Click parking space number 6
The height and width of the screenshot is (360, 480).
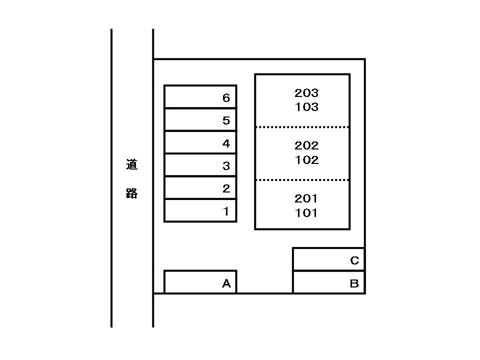(x=200, y=96)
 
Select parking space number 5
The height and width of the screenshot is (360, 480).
(x=200, y=119)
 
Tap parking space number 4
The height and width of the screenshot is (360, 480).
(x=200, y=142)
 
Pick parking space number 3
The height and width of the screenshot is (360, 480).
(x=200, y=165)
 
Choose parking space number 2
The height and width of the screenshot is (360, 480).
(x=200, y=187)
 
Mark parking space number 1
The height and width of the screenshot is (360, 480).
(x=200, y=210)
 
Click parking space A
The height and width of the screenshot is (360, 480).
(x=200, y=282)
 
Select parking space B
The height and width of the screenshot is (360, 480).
(x=329, y=282)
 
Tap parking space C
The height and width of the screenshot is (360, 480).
(x=329, y=259)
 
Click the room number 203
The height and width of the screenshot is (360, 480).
(x=306, y=93)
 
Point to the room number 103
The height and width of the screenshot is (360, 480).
(x=306, y=107)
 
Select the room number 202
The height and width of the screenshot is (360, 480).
(x=306, y=145)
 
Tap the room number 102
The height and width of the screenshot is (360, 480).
(x=306, y=160)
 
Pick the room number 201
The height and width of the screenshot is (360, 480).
(x=306, y=198)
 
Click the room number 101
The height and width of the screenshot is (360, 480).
(x=306, y=213)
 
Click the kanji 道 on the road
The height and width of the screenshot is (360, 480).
(x=132, y=164)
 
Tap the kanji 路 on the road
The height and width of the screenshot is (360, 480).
(x=132, y=193)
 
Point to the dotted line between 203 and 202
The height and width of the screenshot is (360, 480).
(x=302, y=127)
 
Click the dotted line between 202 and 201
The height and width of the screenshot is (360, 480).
(x=302, y=180)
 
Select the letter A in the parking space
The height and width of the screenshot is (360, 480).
(x=226, y=283)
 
